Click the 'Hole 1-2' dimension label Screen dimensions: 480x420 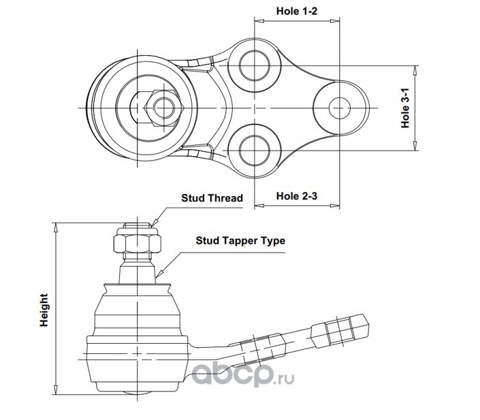tap(297, 12)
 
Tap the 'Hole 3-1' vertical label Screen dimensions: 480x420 tap(405, 108)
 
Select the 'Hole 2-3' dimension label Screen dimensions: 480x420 tap(297, 196)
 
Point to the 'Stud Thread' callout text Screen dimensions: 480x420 tap(212, 198)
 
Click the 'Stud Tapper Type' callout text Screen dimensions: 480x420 tap(240, 241)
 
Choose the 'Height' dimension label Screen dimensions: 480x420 tap(44, 310)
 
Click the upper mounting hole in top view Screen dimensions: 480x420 tap(255, 65)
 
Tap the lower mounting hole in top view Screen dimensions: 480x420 tap(255, 150)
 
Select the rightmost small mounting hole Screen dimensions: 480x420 tap(340, 108)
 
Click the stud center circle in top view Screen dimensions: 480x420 tap(164, 108)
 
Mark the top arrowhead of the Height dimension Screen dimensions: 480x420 tap(56, 227)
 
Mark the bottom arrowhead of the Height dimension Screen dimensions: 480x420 tap(56, 390)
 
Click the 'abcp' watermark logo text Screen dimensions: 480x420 tap(231, 374)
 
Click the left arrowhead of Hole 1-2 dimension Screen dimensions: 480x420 tap(259, 21)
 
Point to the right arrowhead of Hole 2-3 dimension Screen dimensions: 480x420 tap(335, 206)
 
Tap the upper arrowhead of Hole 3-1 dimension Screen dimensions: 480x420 tap(415, 70)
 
